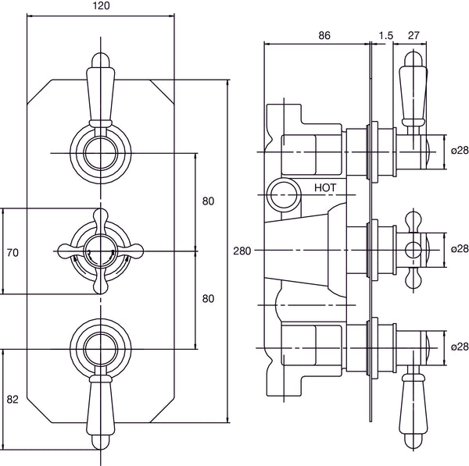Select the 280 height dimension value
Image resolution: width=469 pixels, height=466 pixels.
242,251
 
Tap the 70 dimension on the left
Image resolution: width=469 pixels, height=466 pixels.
13,252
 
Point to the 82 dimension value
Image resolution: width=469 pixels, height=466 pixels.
13,398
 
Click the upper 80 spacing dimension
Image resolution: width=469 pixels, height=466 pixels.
208,201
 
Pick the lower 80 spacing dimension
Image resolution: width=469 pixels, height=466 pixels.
208,298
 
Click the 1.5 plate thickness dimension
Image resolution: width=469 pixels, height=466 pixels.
385,35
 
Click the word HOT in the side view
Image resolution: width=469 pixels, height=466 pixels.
327,187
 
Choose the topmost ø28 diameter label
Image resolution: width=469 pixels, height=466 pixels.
459,151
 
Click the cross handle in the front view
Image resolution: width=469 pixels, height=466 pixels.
100,251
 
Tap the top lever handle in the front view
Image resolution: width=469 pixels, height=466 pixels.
100,90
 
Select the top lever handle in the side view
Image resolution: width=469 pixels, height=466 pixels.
412,90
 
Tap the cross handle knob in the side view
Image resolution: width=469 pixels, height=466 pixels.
414,250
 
